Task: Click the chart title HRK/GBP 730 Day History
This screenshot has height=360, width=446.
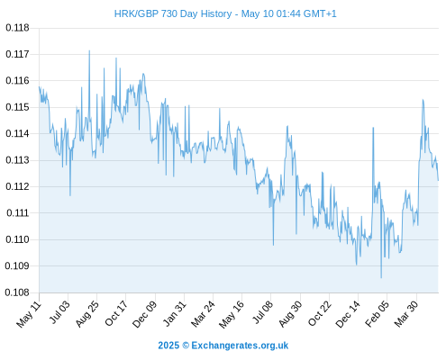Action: [173, 14]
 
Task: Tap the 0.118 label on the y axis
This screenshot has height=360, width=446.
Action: [17, 28]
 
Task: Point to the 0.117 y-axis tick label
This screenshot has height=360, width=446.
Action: [17, 54]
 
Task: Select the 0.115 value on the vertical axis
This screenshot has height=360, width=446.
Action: [17, 107]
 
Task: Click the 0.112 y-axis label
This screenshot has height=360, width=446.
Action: [17, 186]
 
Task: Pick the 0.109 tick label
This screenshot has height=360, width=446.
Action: [17, 265]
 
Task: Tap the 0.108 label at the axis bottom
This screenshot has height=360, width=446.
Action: [17, 292]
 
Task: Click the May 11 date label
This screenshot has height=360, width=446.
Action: [29, 314]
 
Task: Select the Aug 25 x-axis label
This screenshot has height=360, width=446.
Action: [86, 313]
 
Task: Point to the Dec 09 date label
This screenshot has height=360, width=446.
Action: [145, 314]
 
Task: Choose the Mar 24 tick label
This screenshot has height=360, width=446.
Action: [203, 313]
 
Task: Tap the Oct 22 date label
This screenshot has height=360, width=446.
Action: [320, 313]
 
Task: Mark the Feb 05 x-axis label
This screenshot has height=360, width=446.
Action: [378, 313]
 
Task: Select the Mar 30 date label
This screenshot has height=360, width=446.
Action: [406, 313]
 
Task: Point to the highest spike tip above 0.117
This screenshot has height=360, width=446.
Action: [89, 50]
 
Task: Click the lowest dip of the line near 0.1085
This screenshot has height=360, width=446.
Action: [381, 278]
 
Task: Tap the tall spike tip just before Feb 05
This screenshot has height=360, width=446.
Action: [373, 128]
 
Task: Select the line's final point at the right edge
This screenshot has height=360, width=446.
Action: [438, 180]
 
